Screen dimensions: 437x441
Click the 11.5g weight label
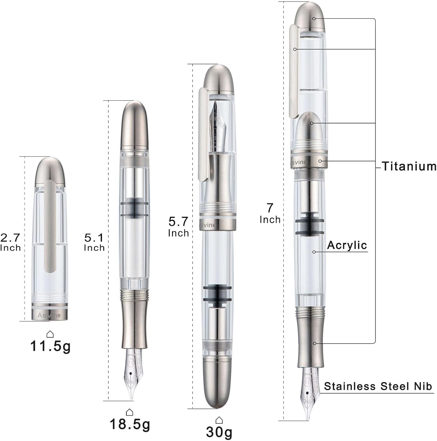coord(50,346)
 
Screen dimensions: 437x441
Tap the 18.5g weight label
coord(130,424)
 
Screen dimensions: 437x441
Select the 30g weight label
coord(219,432)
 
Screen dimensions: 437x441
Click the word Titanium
coord(409,166)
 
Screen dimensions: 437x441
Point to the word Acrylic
coord(347,245)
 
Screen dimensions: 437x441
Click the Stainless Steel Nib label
coord(378,386)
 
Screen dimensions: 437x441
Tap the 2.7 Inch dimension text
coord(11,242)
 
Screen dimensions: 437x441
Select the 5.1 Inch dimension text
coord(94,242)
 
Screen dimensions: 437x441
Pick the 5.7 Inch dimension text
coord(178,227)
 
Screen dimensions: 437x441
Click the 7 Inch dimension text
coord(270,213)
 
